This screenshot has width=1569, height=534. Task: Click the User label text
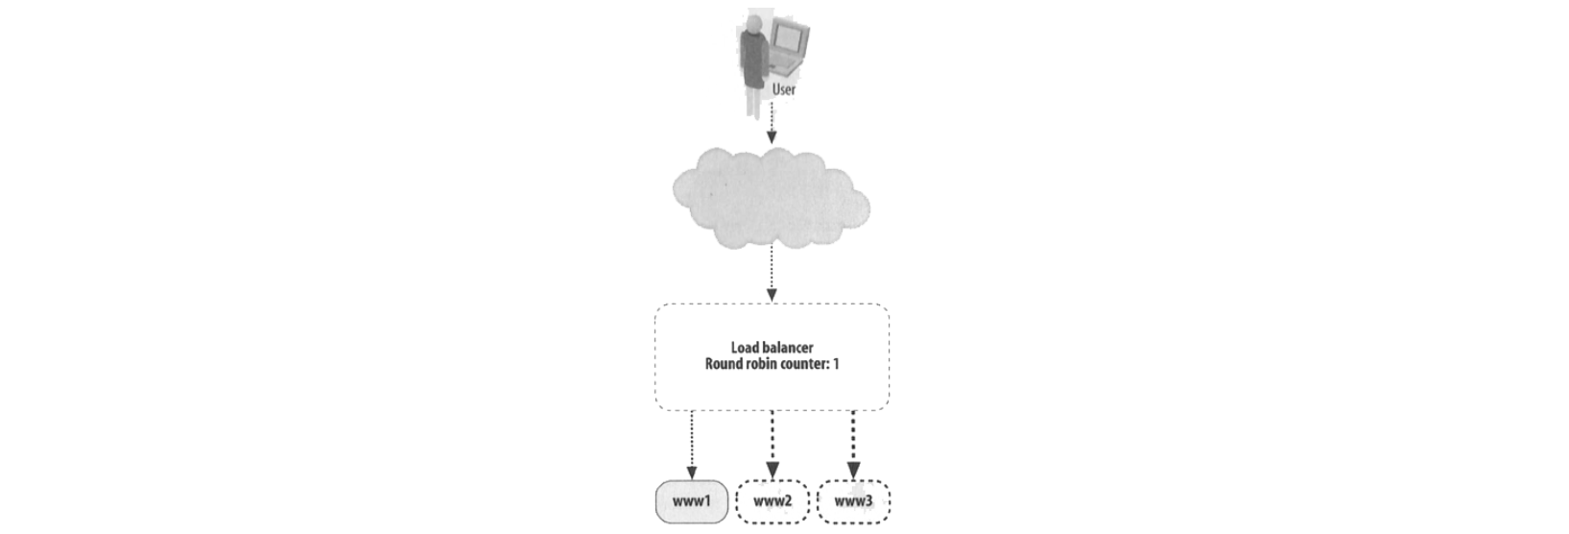pos(783,89)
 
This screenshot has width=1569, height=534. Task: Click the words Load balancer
pos(772,349)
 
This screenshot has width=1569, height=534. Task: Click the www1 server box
pos(691,501)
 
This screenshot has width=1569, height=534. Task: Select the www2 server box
pos(773,501)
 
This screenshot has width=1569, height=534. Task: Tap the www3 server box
pos(853,501)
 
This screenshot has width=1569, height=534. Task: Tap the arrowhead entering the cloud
pos(772,138)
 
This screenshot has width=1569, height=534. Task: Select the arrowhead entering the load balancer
pos(772,294)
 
